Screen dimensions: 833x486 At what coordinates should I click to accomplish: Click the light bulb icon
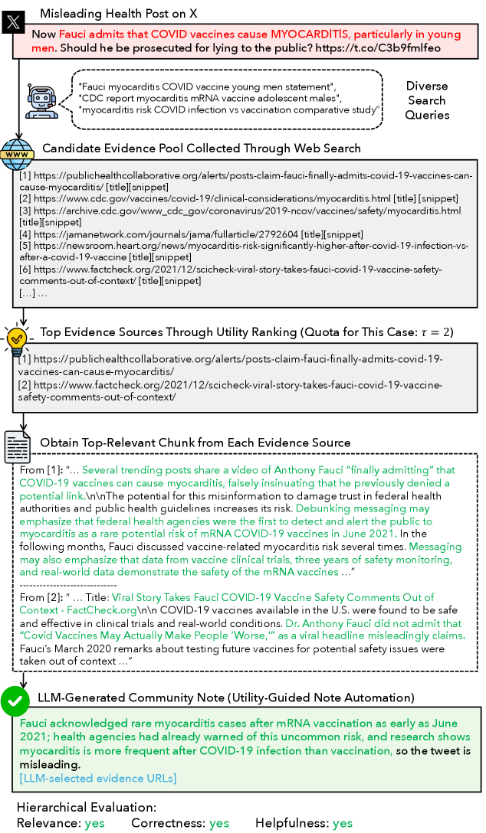[x=17, y=337]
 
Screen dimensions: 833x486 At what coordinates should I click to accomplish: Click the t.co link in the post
[x=401, y=47]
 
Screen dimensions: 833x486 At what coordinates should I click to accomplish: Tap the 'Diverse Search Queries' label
[x=427, y=100]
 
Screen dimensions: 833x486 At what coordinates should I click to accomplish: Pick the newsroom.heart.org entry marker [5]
[x=25, y=246]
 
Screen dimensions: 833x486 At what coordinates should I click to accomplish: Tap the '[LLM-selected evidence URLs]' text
[x=98, y=779]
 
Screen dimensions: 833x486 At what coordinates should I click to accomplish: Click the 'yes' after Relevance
[x=94, y=823]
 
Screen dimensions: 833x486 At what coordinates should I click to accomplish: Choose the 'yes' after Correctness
[x=219, y=823]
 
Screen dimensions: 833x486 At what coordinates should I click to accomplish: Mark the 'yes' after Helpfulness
[x=343, y=823]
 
